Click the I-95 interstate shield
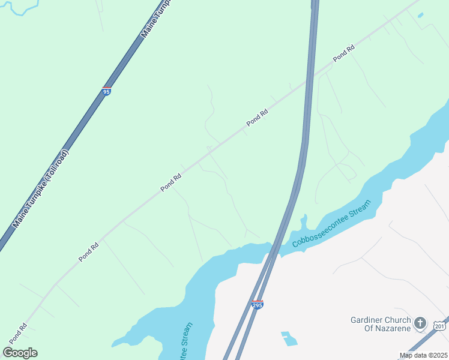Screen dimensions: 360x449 (106, 92)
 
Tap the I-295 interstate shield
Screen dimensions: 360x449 (257, 305)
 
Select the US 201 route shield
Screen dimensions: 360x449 (439, 325)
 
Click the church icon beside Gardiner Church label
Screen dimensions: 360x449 (420, 323)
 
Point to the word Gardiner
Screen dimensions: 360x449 (366, 320)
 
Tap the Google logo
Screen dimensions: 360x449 (20, 352)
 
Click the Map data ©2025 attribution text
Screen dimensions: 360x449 (423, 355)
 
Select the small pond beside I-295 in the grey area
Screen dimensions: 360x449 (289, 339)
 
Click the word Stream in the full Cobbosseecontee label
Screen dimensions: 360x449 (359, 208)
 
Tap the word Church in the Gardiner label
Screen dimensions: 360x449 (396, 320)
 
